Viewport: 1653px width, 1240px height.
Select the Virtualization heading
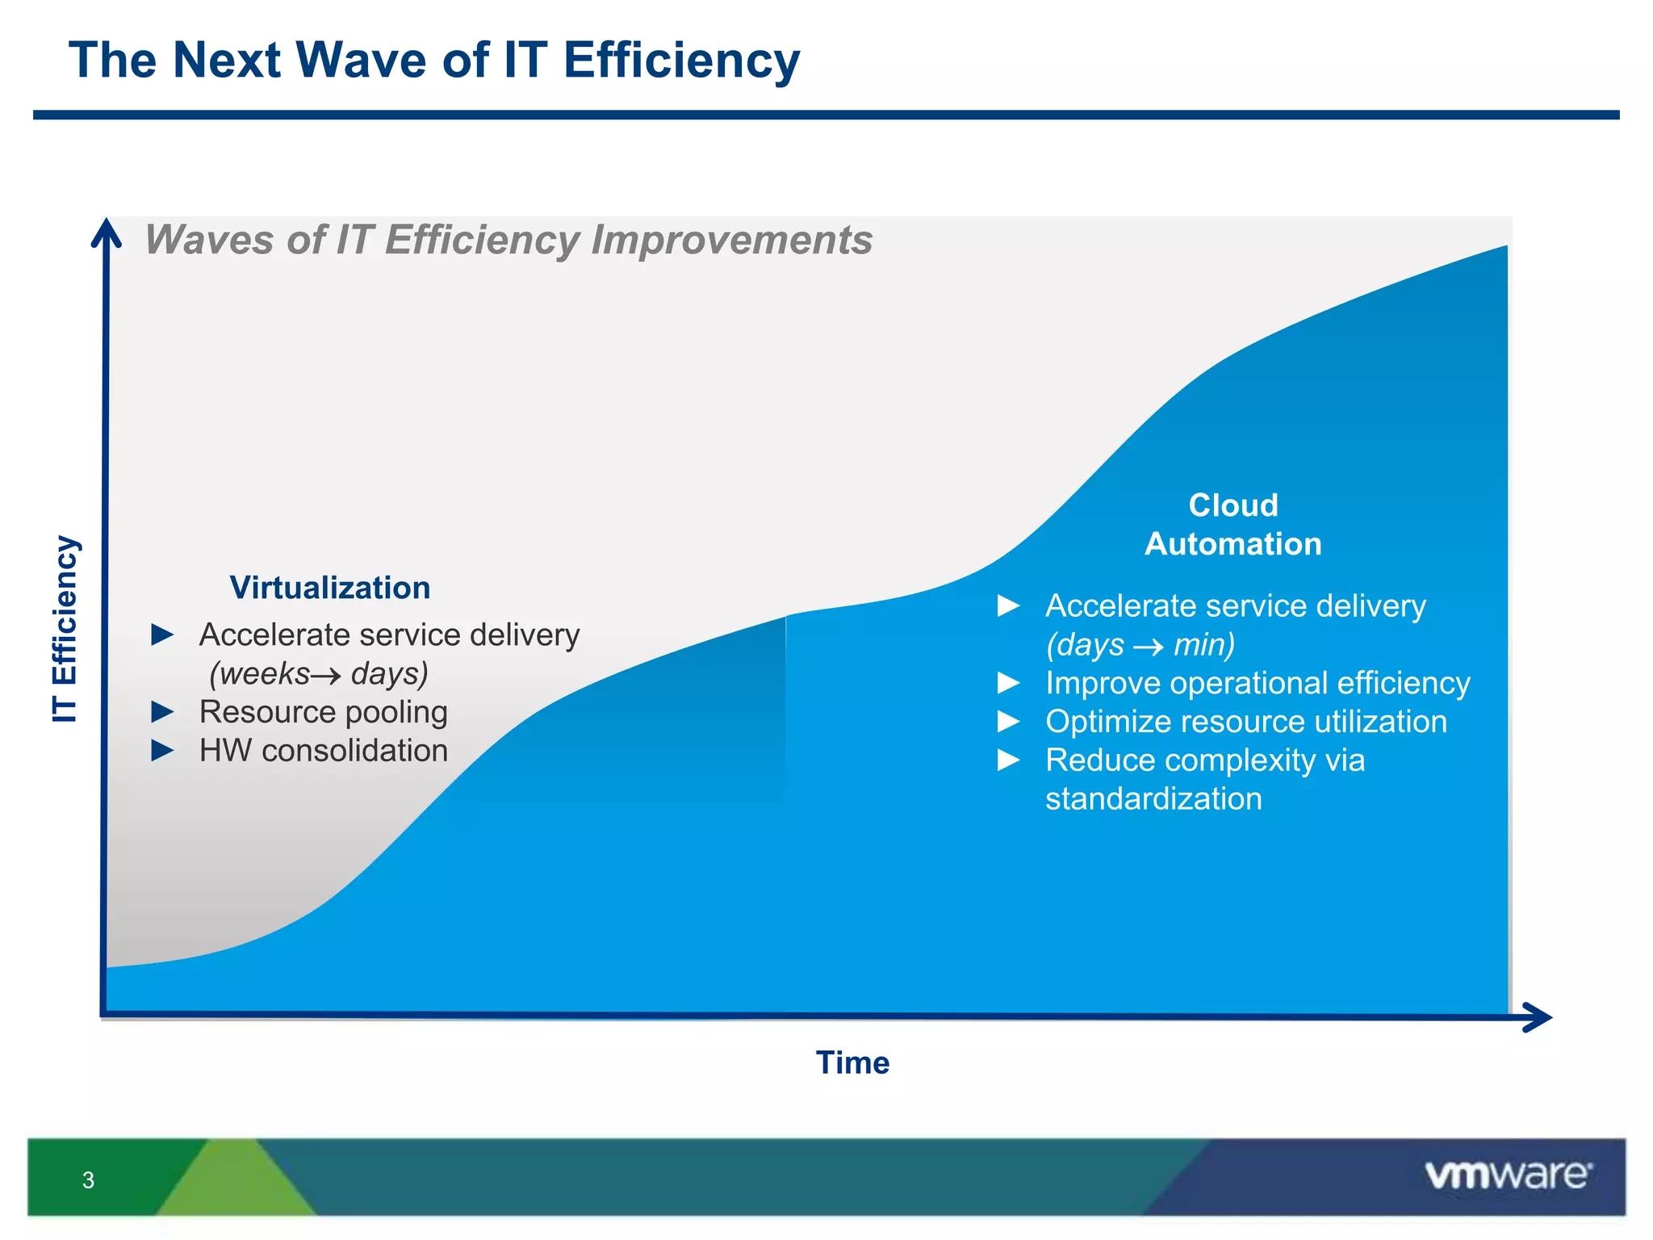click(329, 588)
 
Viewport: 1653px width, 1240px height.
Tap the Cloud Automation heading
click(1232, 525)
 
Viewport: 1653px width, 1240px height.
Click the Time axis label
click(852, 1062)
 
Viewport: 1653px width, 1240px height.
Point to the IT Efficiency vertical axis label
click(65, 629)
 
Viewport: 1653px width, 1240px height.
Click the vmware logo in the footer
click(1508, 1175)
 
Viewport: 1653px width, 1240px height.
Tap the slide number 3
click(88, 1180)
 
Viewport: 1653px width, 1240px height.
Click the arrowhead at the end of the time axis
click(1537, 1017)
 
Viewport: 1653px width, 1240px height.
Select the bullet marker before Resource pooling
click(162, 712)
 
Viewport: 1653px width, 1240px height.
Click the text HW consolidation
click(323, 751)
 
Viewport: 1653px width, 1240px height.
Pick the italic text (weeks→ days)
click(318, 673)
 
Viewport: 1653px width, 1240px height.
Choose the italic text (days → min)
click(1140, 645)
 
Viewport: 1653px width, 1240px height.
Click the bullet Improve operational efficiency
click(1257, 683)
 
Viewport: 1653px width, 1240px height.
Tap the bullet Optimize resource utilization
click(1245, 722)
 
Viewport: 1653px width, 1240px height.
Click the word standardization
click(1153, 799)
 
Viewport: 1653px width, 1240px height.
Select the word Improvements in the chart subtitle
click(731, 240)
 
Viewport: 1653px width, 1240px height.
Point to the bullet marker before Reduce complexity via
click(1009, 760)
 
